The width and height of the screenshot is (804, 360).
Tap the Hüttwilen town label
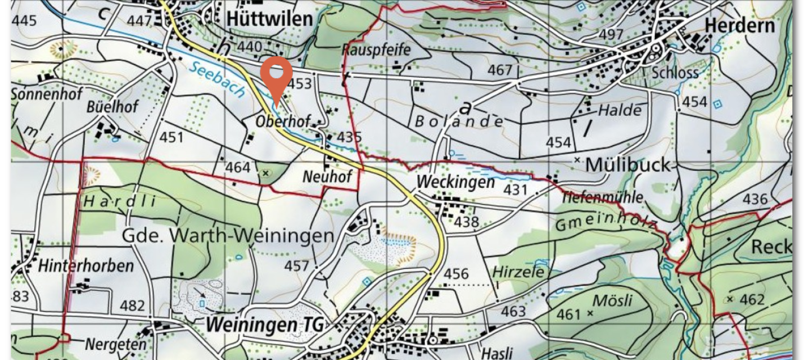(x=269, y=19)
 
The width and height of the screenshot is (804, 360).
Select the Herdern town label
(x=739, y=25)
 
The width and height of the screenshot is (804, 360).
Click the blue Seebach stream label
(x=216, y=79)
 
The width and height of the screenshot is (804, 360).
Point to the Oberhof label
(x=283, y=121)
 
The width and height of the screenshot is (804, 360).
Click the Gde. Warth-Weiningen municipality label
(x=228, y=236)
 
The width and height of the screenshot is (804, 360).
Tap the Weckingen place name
(x=455, y=182)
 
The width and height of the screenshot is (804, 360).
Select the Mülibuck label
(x=628, y=165)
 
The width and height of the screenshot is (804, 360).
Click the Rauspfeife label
(x=376, y=49)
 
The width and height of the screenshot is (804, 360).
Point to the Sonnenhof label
(x=47, y=93)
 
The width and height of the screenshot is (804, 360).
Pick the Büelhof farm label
(x=112, y=107)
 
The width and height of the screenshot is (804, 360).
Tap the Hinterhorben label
(x=85, y=265)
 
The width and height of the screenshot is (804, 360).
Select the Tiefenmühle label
(x=602, y=197)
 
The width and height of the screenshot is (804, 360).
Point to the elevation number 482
(x=132, y=306)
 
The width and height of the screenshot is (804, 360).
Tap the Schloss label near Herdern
(x=675, y=73)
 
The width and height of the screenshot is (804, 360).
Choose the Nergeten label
(x=115, y=343)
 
